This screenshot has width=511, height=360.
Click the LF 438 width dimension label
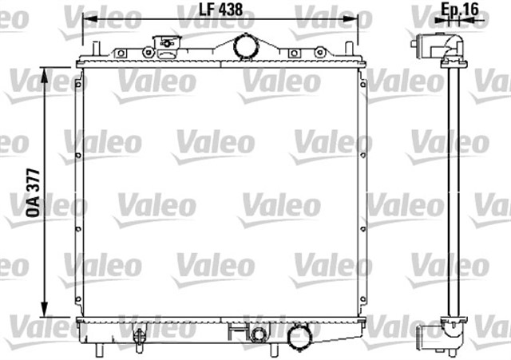click(x=221, y=10)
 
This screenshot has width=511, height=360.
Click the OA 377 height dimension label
click(x=34, y=193)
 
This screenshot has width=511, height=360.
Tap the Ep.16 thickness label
click(x=460, y=9)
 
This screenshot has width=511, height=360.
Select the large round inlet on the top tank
click(x=246, y=46)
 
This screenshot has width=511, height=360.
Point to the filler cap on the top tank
click(x=167, y=46)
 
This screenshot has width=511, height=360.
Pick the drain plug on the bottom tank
click(x=139, y=337)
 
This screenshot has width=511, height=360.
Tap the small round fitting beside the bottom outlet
click(x=259, y=334)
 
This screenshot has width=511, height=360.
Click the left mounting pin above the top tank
click(x=96, y=49)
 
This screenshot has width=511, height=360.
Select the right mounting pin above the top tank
click(x=349, y=49)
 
